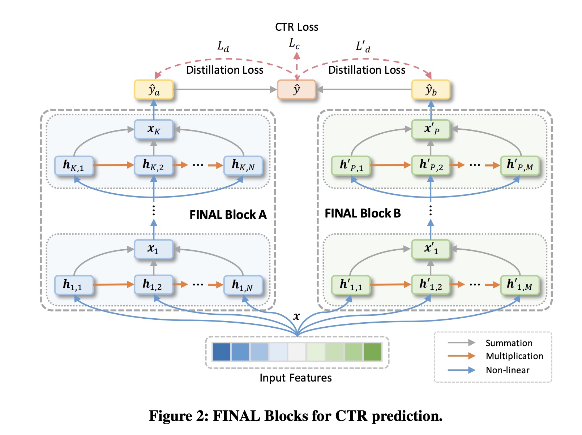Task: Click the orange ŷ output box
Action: [x=296, y=90]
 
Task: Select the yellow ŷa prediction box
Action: [x=154, y=90]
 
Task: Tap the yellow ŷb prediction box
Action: [x=431, y=90]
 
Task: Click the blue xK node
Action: [x=154, y=129]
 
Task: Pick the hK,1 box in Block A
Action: [x=74, y=166]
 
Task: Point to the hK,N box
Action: [x=243, y=166]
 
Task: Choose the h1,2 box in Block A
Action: [x=153, y=285]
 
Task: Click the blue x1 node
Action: [x=154, y=249]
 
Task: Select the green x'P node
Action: [x=431, y=129]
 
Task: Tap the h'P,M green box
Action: [x=520, y=166]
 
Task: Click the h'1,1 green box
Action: [x=351, y=285]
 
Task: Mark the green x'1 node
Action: [x=431, y=249]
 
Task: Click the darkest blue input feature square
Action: [x=221, y=352]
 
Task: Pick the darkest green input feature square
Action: [x=372, y=352]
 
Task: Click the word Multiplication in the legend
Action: [x=514, y=356]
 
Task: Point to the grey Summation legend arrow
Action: [x=461, y=343]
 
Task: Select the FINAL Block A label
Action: [x=228, y=215]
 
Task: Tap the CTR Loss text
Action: [x=296, y=27]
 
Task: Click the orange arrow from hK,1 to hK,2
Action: [x=114, y=165]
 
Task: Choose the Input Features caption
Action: [x=295, y=378]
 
